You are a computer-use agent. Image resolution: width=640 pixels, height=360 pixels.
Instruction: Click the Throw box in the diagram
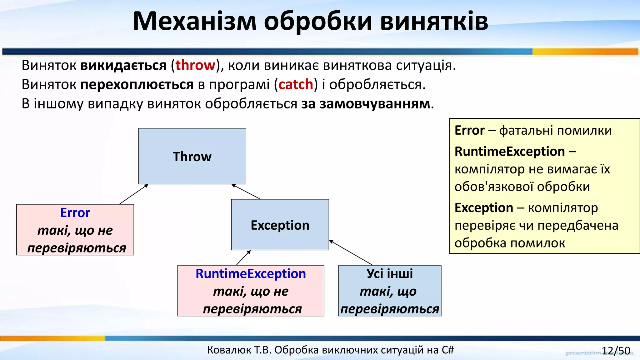click(x=192, y=156)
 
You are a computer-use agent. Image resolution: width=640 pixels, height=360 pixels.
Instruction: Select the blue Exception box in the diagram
click(x=280, y=225)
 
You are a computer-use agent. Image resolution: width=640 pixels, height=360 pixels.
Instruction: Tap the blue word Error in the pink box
click(x=75, y=213)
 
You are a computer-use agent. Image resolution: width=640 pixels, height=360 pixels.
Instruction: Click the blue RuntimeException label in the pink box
click(x=251, y=274)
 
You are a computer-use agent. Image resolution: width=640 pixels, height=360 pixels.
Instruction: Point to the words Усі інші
click(x=390, y=274)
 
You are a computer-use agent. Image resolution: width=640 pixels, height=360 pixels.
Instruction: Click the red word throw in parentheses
click(x=195, y=65)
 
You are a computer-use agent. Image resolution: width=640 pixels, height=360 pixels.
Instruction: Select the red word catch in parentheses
click(x=296, y=85)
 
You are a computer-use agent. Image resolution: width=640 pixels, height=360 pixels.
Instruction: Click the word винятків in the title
click(x=434, y=21)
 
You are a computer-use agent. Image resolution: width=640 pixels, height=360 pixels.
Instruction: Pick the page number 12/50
click(x=616, y=351)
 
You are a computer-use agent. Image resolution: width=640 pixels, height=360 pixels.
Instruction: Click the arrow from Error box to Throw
click(x=133, y=194)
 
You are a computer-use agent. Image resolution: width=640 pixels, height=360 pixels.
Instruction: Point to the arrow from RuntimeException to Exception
click(x=243, y=258)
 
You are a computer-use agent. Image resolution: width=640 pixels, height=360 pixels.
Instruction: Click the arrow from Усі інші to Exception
click(x=351, y=252)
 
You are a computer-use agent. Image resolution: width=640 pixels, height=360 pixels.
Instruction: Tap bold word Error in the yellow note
click(x=469, y=130)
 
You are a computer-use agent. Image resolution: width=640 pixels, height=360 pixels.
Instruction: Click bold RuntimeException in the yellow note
click(x=509, y=152)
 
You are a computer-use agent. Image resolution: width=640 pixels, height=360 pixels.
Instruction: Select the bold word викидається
click(x=123, y=65)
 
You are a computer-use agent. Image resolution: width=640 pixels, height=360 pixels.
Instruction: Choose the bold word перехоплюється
click(x=137, y=85)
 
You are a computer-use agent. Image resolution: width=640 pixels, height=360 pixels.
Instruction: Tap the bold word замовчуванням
click(x=375, y=104)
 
